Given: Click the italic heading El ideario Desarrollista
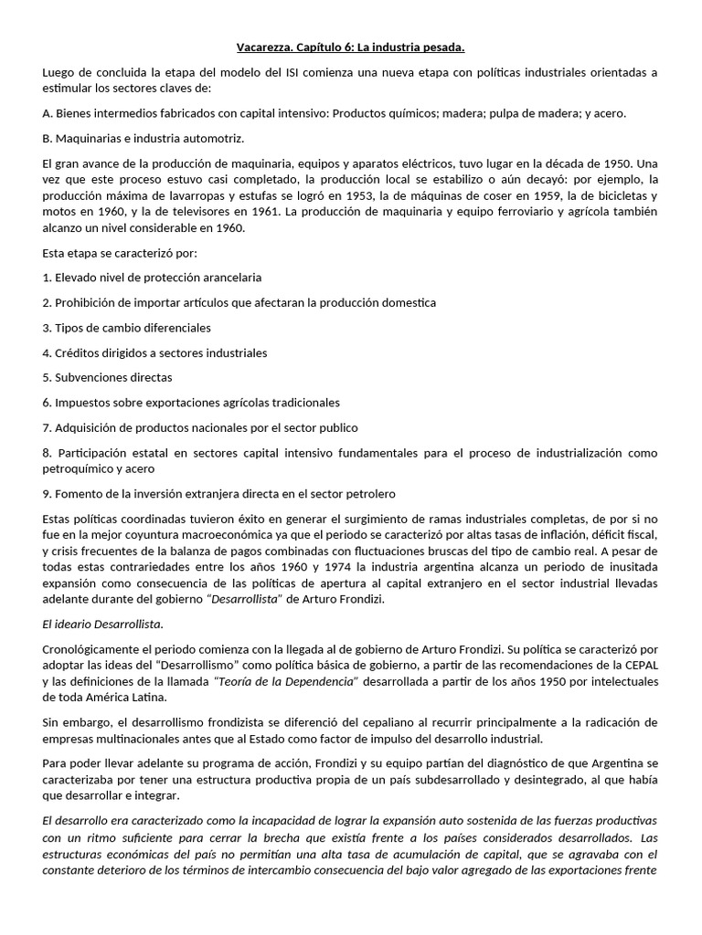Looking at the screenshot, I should tap(102, 624).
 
